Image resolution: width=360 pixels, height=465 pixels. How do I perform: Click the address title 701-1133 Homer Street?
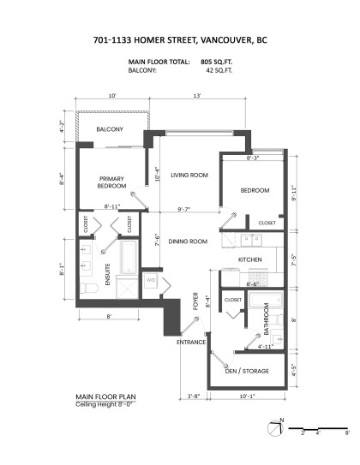tap(179, 39)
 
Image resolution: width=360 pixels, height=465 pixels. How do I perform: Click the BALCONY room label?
tap(110, 129)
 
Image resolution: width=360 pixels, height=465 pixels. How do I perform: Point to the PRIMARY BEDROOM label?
tap(111, 182)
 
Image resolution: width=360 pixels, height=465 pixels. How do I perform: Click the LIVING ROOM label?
tap(189, 175)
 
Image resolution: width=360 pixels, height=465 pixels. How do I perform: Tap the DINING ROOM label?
tap(189, 241)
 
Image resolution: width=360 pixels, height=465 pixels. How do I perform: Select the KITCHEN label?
tap(250, 259)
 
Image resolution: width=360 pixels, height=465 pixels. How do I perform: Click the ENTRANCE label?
tap(190, 343)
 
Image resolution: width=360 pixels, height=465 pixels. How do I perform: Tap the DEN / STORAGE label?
tap(248, 370)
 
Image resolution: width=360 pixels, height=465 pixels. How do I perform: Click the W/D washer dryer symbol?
tap(152, 279)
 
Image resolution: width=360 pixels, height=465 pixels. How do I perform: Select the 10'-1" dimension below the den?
tap(248, 396)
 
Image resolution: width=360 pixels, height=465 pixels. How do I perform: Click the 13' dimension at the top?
tap(199, 96)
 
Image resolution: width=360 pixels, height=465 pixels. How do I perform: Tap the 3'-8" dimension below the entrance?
tap(195, 396)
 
